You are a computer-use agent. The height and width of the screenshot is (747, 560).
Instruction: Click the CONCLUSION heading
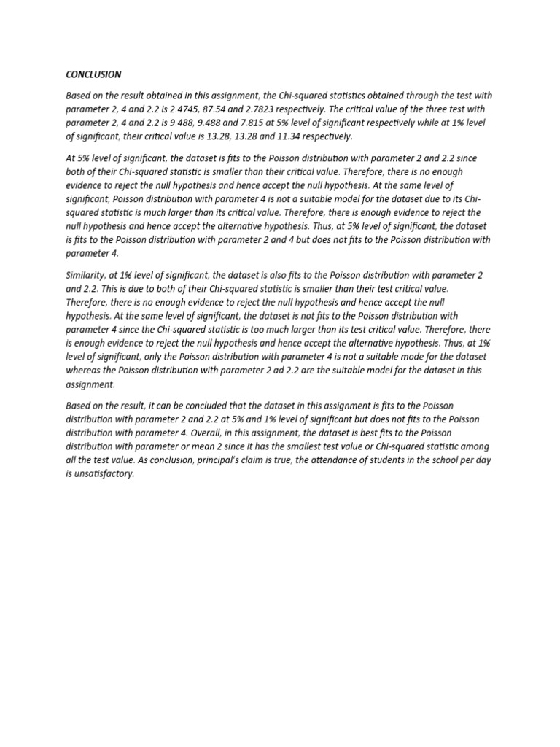(93, 74)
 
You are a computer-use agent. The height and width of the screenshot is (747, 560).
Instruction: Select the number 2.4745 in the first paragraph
(206, 109)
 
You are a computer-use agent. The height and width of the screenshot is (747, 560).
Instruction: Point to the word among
(478, 446)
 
